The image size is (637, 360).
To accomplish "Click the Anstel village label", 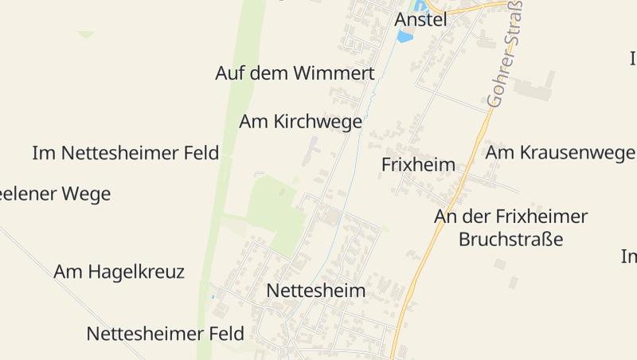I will click(421, 19).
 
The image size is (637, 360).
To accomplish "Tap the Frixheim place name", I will click(418, 165).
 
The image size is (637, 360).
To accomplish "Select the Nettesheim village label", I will click(316, 290).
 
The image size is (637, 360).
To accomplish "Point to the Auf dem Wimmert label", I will click(295, 73).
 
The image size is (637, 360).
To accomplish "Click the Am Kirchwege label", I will click(301, 122).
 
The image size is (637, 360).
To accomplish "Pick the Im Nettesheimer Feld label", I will click(126, 153).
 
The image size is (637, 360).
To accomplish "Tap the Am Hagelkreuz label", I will click(119, 272).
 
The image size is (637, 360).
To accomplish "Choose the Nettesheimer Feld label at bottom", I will click(166, 333).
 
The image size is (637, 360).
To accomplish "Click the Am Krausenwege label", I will click(560, 152).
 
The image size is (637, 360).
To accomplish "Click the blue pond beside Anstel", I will click(405, 37).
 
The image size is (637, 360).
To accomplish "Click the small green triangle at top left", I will click(86, 34).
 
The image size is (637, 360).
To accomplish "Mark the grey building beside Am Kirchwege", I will click(311, 150).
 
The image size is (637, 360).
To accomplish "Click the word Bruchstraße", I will click(510, 239).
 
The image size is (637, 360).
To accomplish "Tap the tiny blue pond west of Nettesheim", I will click(213, 297).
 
